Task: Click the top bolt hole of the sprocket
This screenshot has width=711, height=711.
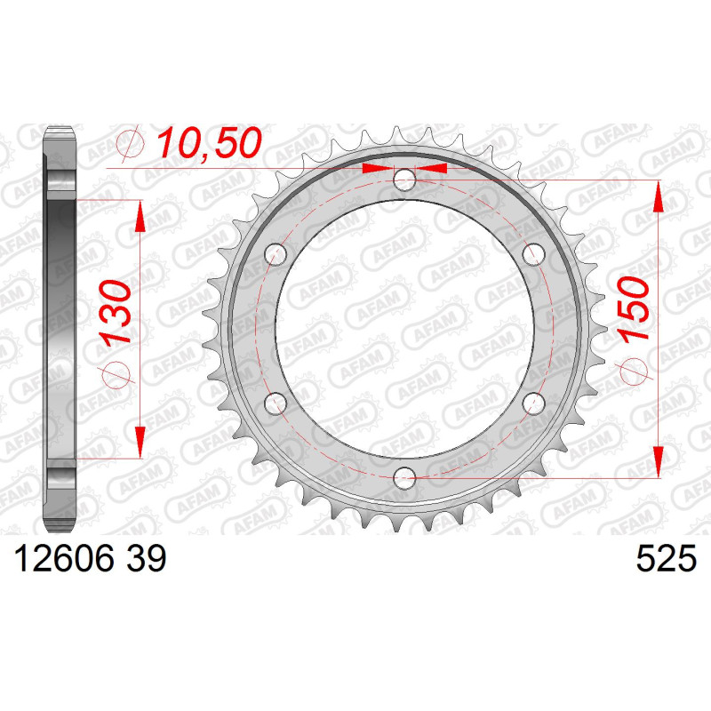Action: click(x=404, y=180)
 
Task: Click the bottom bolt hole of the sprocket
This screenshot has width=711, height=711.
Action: click(x=404, y=477)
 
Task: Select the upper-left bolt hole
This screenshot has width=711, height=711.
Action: click(x=276, y=254)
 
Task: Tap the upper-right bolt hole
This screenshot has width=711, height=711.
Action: click(x=534, y=254)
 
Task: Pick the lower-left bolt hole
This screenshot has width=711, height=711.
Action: click(x=276, y=403)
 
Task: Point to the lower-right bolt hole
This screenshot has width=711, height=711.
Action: click(x=534, y=403)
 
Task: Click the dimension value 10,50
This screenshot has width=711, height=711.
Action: click(x=209, y=142)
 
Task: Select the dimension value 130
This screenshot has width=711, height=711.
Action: click(x=115, y=314)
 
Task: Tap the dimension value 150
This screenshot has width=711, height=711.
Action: click(x=633, y=309)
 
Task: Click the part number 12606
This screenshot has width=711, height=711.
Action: click(x=64, y=559)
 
